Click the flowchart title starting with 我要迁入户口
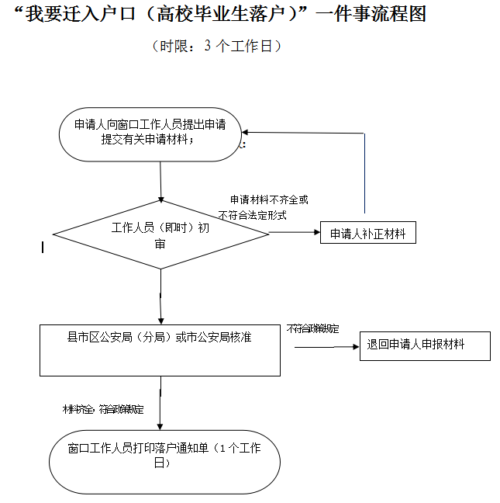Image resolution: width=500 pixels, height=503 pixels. (x=220, y=15)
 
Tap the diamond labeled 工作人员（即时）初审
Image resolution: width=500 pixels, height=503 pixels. (x=160, y=234)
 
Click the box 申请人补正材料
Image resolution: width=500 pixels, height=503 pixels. (x=367, y=233)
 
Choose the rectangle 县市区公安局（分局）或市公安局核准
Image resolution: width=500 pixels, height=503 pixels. (x=160, y=349)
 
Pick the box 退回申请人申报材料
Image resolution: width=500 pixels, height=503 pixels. (x=424, y=344)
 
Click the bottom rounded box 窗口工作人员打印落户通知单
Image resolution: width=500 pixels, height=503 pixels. (x=164, y=456)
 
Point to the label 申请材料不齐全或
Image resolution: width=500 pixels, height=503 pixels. (x=268, y=200)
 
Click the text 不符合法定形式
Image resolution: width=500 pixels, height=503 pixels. (x=253, y=215)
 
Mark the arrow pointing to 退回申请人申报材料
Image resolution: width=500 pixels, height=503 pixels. (x=326, y=346)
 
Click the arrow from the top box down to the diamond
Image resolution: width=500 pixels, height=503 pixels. (x=160, y=182)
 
